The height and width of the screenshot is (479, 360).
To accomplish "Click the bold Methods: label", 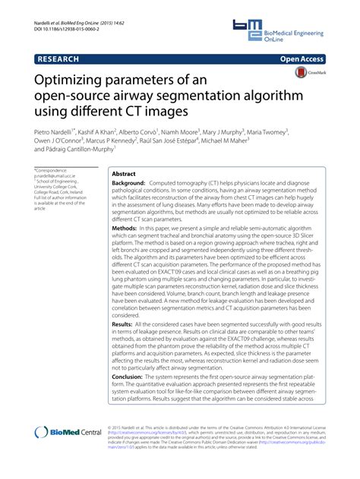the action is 125,228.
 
